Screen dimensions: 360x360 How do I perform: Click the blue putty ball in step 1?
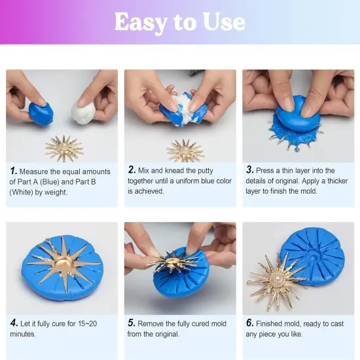tap(41, 113)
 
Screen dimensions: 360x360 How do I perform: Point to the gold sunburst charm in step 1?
tap(64, 149)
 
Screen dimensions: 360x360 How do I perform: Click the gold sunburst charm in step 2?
tap(185, 151)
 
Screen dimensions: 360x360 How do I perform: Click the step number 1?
tap(13, 170)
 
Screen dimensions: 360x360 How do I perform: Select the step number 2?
tap(132, 170)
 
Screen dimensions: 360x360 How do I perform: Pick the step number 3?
tap(250, 170)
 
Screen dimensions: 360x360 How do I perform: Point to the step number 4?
tap(14, 323)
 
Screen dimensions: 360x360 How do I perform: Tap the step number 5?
tap(132, 323)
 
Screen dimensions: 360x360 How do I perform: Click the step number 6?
tap(250, 323)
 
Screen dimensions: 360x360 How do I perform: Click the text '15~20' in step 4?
tap(87, 323)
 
